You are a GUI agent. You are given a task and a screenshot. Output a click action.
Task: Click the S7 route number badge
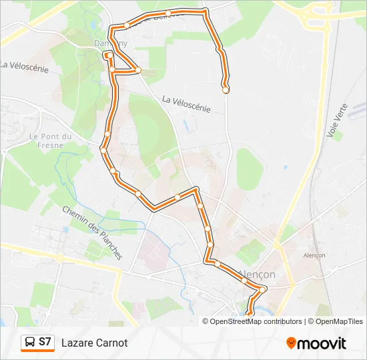(45, 343)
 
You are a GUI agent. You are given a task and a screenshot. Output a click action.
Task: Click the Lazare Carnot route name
(94, 343)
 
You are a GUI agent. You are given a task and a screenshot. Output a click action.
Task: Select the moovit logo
(316, 343)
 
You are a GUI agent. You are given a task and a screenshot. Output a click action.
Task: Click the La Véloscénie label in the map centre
(186, 103)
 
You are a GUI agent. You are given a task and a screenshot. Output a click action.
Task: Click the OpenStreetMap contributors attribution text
(256, 321)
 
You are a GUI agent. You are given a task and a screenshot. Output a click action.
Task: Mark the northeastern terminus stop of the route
(226, 89)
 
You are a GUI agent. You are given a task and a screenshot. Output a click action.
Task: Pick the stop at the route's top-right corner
(206, 11)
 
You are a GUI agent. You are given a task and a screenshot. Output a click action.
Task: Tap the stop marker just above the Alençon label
(218, 264)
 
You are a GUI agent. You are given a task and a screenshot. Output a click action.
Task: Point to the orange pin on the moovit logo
(292, 343)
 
